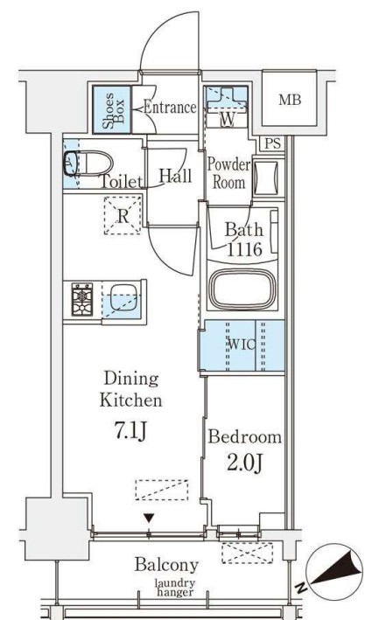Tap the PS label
click(272, 143)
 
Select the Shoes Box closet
click(112, 109)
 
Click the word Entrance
click(170, 108)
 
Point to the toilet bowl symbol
click(88, 164)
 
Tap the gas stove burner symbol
click(82, 299)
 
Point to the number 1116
click(244, 249)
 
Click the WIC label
click(242, 345)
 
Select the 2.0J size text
click(245, 463)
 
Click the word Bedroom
click(245, 437)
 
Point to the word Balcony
click(166, 565)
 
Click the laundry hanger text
click(175, 587)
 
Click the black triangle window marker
click(149, 518)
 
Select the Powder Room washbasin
click(265, 178)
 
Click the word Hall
click(175, 176)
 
